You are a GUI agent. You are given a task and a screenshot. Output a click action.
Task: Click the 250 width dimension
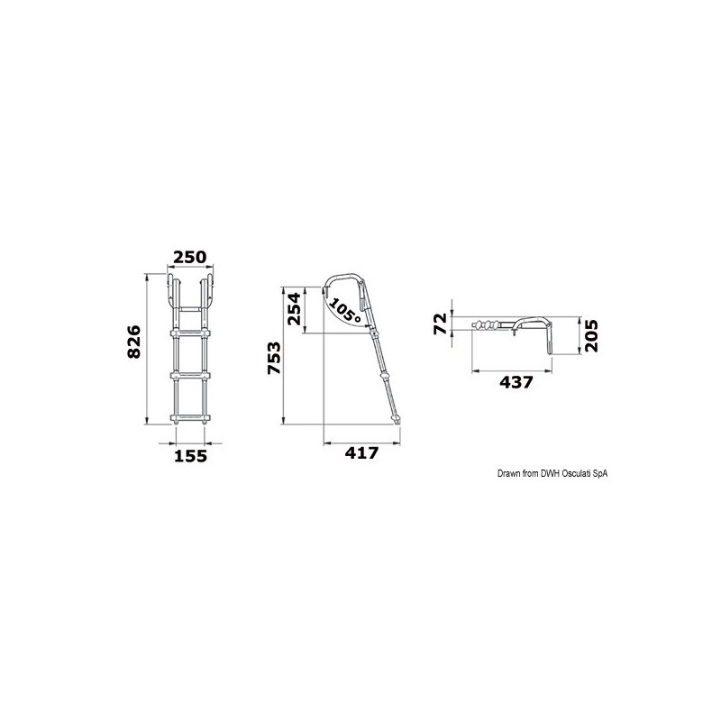point(189,257)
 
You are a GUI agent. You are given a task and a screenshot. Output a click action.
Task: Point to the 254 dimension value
point(293,311)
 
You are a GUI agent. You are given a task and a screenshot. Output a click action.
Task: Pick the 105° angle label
point(343,312)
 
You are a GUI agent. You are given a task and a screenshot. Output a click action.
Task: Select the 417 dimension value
point(360,454)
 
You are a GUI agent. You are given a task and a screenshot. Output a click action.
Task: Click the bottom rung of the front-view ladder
point(189,416)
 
